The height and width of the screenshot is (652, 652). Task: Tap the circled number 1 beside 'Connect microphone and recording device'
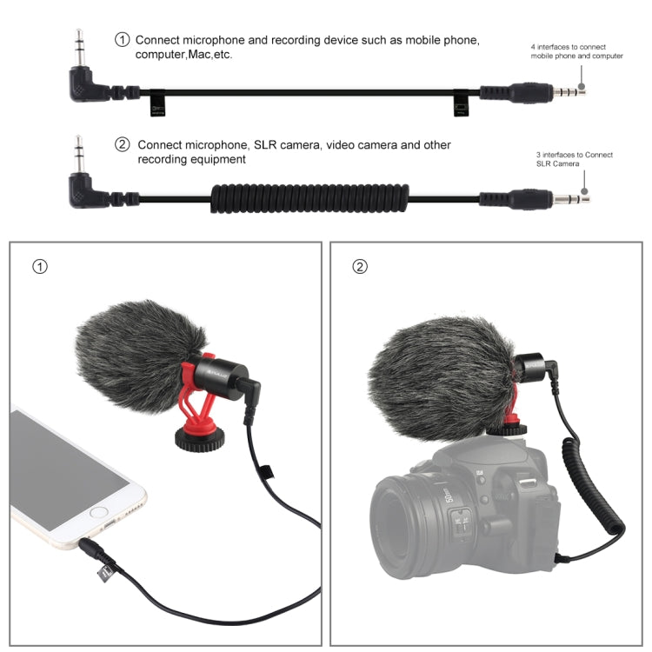pos(123,40)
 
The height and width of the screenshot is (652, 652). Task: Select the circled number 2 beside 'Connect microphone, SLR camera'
pos(123,145)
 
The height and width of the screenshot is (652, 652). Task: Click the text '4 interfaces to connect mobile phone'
pos(569,50)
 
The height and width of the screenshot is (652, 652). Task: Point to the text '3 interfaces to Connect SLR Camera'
pos(574,159)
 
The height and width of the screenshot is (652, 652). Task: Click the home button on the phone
pos(97,514)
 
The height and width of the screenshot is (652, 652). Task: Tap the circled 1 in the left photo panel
pos(38,266)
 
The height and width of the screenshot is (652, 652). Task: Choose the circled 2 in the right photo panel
pos(359,266)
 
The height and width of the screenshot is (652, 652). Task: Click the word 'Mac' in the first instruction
pos(213,55)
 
